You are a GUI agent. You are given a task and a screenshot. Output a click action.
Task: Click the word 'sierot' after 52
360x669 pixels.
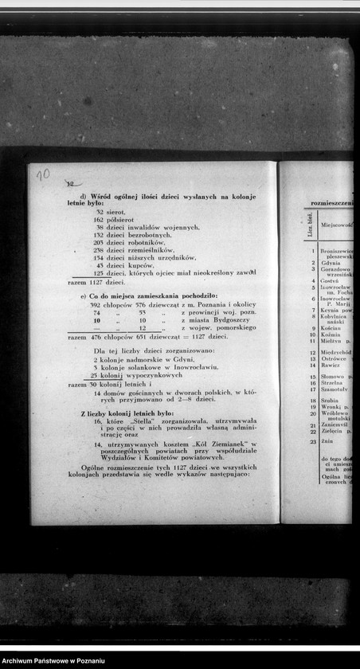click(x=115, y=212)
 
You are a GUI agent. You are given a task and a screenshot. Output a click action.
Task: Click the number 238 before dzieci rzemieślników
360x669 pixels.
click(x=99, y=250)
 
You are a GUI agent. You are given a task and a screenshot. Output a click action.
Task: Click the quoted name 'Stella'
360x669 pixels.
click(x=145, y=419)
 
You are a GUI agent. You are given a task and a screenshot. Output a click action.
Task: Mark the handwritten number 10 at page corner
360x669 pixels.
click(x=43, y=174)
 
